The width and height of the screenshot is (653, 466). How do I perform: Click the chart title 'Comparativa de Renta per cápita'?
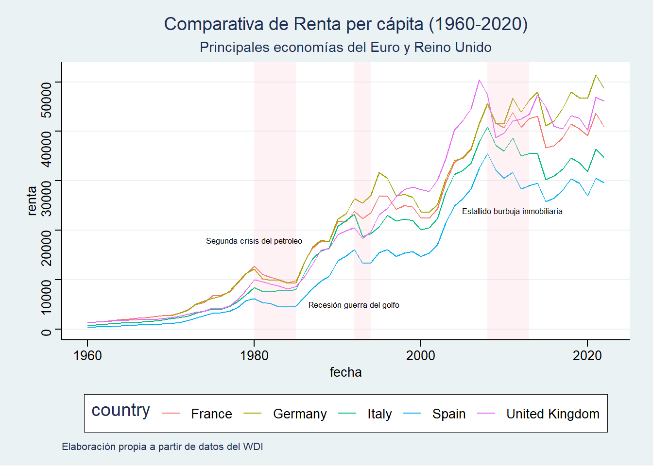[345, 24]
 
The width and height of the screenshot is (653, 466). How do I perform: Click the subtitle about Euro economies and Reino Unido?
[345, 47]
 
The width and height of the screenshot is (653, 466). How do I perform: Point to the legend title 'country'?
[120, 410]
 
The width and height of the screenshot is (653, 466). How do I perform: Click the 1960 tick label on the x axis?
[87, 356]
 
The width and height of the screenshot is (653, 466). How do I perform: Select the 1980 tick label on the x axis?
[254, 356]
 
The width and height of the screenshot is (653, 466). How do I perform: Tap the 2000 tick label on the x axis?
[421, 356]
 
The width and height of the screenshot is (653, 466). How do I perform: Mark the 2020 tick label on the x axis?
[587, 356]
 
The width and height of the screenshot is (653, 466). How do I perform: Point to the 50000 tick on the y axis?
[46, 100]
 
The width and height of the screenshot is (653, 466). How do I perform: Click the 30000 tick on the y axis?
[46, 199]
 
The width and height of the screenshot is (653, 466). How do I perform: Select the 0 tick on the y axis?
[46, 332]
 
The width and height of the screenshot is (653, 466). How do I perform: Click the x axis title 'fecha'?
[345, 372]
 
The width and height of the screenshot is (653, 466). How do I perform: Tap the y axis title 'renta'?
[32, 200]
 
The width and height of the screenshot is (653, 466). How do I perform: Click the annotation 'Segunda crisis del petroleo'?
[254, 241]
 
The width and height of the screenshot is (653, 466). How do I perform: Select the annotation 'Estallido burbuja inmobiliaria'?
[512, 212]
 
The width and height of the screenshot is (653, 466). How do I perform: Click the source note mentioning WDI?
[162, 447]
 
